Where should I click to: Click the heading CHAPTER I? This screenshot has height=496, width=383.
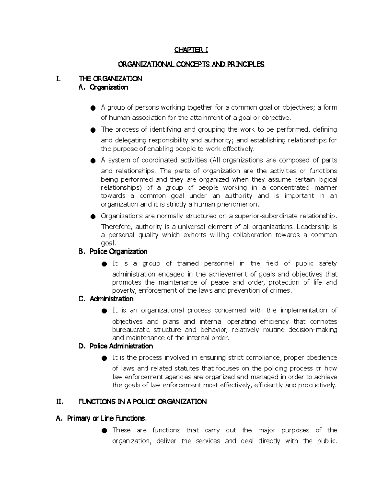[x=191, y=50]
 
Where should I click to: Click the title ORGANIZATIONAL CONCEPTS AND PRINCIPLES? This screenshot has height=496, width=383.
[x=191, y=65]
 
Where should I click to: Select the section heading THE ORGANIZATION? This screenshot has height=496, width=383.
[x=110, y=79]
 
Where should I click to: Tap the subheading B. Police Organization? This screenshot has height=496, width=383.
[x=113, y=252]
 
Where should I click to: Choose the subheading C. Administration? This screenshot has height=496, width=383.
[x=106, y=299]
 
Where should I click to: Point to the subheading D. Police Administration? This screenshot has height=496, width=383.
[x=116, y=346]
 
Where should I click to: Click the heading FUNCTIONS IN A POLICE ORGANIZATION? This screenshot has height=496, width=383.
[x=142, y=402]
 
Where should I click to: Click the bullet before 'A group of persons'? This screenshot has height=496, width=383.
[x=93, y=108]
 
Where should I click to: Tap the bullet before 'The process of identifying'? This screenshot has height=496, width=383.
[x=93, y=130]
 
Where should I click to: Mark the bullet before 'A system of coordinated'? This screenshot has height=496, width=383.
[x=93, y=161]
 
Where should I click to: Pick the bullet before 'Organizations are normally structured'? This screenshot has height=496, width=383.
[x=93, y=217]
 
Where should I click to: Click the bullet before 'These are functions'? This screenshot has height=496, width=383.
[x=104, y=431]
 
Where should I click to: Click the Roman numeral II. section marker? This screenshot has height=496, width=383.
[x=60, y=402]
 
